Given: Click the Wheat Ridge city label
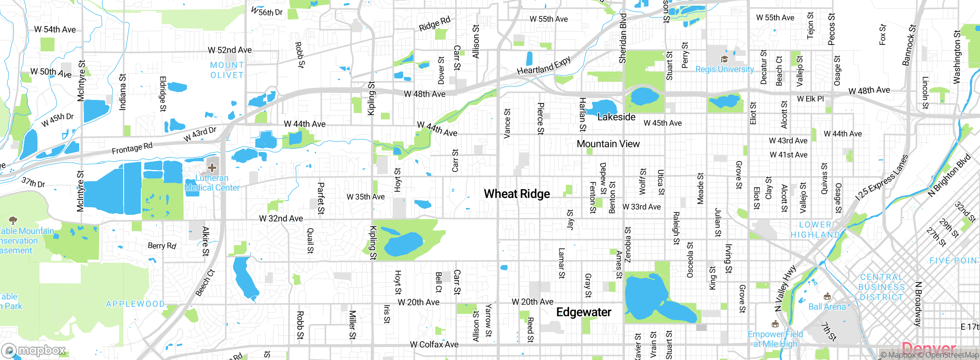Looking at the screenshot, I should click(517, 194).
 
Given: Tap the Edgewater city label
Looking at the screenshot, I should click(583, 312).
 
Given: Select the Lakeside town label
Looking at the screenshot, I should click(616, 117).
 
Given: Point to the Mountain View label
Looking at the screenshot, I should click(608, 144).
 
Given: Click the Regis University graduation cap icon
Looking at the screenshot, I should click(724, 59).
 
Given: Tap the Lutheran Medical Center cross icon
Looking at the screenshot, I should click(212, 168).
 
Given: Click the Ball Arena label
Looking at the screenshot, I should click(827, 307).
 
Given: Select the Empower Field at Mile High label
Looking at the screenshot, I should click(775, 339).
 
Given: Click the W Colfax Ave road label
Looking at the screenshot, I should click(434, 344).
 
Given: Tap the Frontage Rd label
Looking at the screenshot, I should click(132, 148).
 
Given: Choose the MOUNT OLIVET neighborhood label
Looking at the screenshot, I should click(227, 70).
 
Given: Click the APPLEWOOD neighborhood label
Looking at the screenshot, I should click(136, 304).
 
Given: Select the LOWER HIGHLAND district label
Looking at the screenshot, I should click(815, 230).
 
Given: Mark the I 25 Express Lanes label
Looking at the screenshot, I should click(882, 177).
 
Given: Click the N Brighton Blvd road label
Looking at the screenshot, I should click(949, 175).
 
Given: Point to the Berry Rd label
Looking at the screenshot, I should click(162, 245).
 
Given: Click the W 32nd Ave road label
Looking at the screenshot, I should click(281, 218).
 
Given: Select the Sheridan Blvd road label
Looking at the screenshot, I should click(623, 38).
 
